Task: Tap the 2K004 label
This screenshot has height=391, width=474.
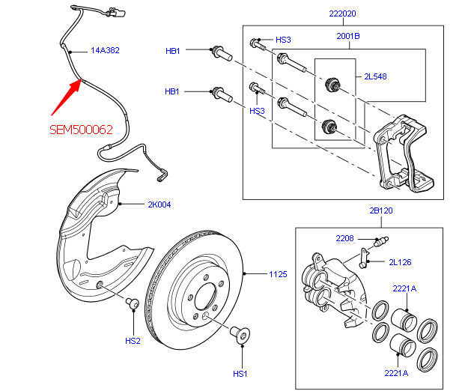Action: click(x=159, y=204)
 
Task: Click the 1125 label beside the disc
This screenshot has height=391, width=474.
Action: click(x=278, y=274)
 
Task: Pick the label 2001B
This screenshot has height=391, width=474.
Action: click(x=347, y=35)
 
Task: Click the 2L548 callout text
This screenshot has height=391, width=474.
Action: click(x=376, y=76)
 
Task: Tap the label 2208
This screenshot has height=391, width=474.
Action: click(x=344, y=238)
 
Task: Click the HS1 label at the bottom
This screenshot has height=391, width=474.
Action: click(x=240, y=374)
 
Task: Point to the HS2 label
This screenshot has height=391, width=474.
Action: click(x=133, y=341)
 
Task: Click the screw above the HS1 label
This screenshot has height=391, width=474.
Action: click(x=241, y=335)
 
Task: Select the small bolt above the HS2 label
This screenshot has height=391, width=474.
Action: click(x=132, y=303)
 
